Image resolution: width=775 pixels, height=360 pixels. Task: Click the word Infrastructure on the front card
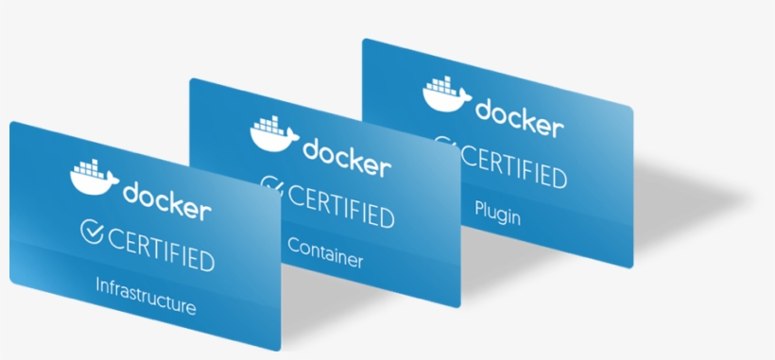tap(146, 294)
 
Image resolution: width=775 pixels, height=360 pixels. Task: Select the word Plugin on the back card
tap(498, 212)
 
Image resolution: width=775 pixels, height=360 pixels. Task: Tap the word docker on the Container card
tap(346, 157)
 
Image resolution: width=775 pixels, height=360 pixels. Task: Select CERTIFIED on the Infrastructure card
tap(161, 249)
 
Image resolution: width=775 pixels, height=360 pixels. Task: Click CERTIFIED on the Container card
tap(340, 207)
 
